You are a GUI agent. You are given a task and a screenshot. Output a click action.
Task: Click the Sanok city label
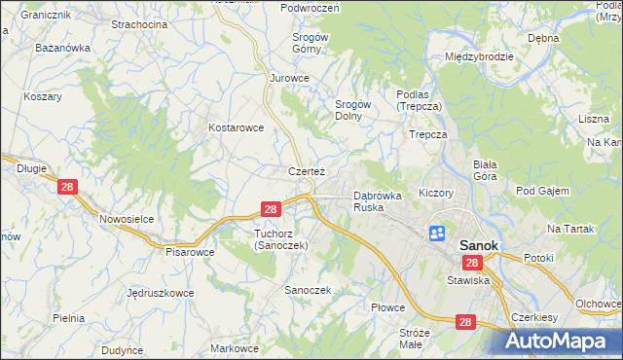click(x=478, y=246)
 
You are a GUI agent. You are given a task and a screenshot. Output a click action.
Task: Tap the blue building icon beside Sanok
click(x=437, y=234)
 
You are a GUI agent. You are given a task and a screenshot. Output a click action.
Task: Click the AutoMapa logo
click(x=564, y=342)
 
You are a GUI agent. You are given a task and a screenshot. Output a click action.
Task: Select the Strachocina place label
click(x=139, y=23)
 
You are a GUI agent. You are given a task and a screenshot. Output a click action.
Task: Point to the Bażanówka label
click(x=62, y=47)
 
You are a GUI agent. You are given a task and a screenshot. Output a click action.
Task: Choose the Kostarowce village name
click(x=237, y=127)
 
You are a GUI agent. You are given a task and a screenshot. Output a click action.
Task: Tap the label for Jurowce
click(x=289, y=78)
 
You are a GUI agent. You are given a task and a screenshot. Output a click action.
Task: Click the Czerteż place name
click(x=306, y=171)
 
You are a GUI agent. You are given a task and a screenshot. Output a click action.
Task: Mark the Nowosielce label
click(x=127, y=219)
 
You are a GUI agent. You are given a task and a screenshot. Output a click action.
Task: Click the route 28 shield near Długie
click(x=67, y=188)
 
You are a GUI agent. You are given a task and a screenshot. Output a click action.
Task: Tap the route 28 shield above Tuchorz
click(x=272, y=208)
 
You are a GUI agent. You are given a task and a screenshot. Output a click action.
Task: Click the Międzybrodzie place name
click(x=479, y=56)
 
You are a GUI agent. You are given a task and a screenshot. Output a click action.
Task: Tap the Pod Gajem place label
click(x=542, y=191)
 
